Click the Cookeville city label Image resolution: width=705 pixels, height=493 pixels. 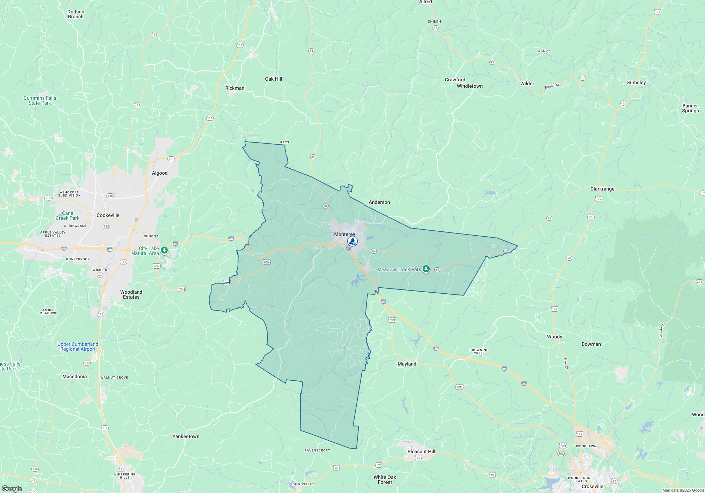coord(108,215)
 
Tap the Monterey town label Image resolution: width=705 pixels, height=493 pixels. coord(344,234)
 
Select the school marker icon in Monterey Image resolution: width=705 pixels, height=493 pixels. coord(352,241)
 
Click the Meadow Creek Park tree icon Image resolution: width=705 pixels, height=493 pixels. coord(426,269)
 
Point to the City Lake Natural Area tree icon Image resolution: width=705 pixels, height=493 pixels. coord(164,250)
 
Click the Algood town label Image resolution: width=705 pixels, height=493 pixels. coord(160,173)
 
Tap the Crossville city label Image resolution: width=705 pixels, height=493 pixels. coord(593,486)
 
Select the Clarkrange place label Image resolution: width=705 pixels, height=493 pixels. coord(602,189)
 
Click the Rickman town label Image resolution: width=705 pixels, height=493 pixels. coord(235,88)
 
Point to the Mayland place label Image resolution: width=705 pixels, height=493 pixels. coord(407,364)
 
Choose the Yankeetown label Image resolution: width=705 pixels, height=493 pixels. coord(186,436)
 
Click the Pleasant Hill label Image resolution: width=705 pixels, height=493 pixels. coord(421,451)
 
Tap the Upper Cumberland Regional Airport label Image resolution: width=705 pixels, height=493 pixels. coord(78,347)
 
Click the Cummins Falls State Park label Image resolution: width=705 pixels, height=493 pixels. coord(40,100)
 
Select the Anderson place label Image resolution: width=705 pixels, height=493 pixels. coord(379,202)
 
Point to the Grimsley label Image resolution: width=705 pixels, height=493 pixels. coord(636,82)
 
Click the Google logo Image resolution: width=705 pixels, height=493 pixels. coord(12,488)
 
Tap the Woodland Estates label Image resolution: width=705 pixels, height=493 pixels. coord(131,294)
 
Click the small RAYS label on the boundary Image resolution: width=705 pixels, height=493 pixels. coord(285,142)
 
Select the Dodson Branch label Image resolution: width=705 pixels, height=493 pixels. coord(76,14)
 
